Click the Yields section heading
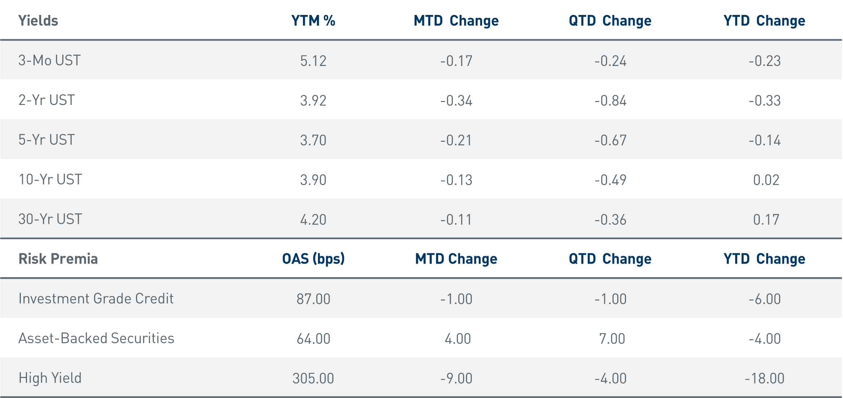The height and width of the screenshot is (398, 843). (x=38, y=21)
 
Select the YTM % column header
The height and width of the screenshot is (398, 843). (x=313, y=21)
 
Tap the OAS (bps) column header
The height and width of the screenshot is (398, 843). (x=313, y=259)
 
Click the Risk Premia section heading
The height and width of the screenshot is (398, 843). (x=58, y=259)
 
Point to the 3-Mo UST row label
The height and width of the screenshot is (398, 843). (x=50, y=61)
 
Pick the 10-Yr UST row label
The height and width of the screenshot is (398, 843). (x=50, y=180)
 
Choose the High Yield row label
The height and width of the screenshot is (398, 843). (x=50, y=378)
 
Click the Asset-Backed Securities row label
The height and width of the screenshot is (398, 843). (x=96, y=338)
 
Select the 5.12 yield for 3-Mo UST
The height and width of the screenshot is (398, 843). (x=313, y=61)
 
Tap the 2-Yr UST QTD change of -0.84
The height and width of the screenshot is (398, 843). (x=610, y=101)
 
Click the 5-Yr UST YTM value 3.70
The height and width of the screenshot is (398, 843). (x=313, y=140)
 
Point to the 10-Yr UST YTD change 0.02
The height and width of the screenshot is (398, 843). (x=766, y=180)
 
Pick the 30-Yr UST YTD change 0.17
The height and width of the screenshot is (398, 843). (x=766, y=220)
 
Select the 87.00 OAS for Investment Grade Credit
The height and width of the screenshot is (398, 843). (x=313, y=299)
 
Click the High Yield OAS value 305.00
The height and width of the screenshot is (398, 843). (x=313, y=379)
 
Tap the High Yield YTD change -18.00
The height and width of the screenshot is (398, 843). (x=765, y=379)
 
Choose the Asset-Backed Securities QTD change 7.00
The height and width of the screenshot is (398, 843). (x=612, y=339)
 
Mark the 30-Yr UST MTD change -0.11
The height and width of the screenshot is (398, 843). (x=456, y=220)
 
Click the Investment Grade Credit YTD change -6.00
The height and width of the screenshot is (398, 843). (x=765, y=299)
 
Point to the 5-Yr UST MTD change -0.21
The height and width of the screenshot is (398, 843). (x=456, y=140)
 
